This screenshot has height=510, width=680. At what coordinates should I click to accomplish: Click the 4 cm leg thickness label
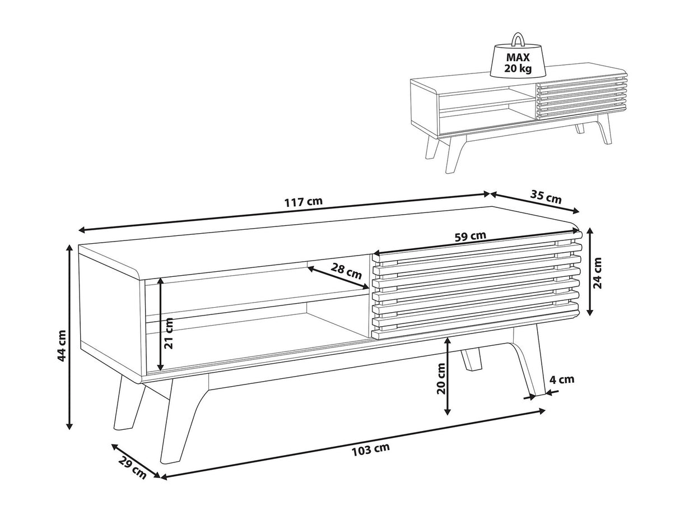tap(561, 379)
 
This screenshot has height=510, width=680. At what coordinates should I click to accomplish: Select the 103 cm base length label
tap(370, 448)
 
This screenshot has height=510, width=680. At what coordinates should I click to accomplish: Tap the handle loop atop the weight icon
tap(518, 39)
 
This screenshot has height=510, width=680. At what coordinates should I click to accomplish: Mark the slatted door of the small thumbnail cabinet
tap(581, 97)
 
